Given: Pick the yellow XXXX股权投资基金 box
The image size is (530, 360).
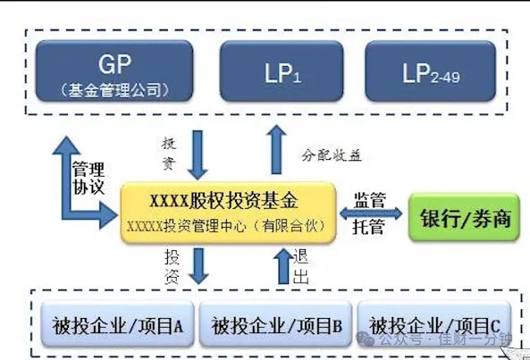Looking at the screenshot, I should point(229,212).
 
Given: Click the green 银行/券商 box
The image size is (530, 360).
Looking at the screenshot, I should point(465,217).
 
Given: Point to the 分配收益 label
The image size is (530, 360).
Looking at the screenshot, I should point(330,155).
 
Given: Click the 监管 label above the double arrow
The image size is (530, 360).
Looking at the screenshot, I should point(369,198).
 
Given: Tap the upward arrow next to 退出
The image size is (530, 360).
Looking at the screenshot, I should point(280,267).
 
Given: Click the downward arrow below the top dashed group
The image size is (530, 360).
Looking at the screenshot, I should point(198,155).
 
